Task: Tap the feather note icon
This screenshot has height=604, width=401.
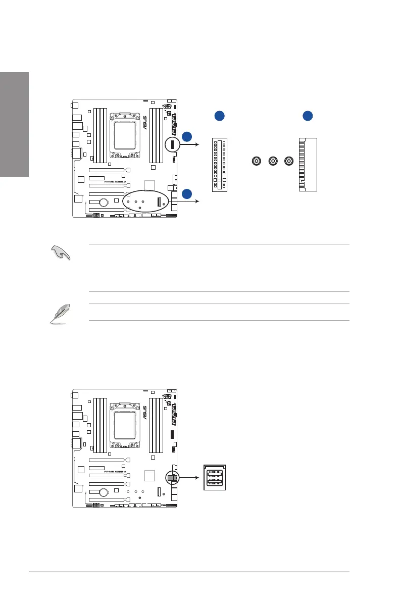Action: [x=60, y=314]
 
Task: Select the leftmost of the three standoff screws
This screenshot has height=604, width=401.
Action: [x=257, y=161]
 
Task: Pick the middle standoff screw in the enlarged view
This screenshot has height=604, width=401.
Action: [x=273, y=161]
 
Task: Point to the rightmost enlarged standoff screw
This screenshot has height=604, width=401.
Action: [x=288, y=161]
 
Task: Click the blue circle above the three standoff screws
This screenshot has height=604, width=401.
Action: [x=219, y=116]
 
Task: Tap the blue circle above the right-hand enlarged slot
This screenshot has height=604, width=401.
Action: [x=308, y=116]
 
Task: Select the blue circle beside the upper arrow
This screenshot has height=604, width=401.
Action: [x=187, y=136]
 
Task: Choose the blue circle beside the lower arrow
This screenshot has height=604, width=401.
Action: [x=187, y=193]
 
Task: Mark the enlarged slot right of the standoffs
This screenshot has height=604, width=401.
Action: [x=308, y=164]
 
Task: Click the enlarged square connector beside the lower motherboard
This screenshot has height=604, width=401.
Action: [x=215, y=477]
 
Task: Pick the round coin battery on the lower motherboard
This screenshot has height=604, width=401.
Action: [x=104, y=493]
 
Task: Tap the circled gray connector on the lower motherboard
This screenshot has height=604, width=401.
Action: [x=172, y=477]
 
